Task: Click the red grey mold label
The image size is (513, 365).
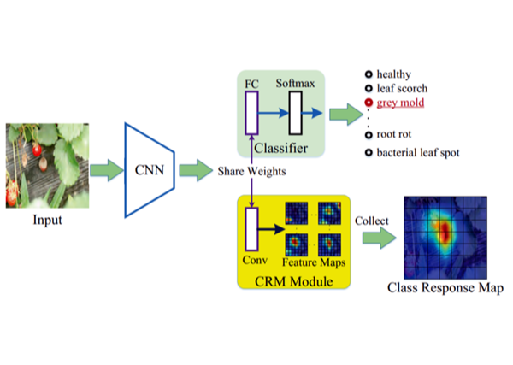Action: tap(400, 103)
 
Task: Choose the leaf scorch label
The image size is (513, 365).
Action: tap(402, 88)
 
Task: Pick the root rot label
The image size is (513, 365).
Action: tap(395, 134)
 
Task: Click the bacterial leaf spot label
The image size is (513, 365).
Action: tap(418, 153)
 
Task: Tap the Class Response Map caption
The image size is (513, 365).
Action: tap(444, 288)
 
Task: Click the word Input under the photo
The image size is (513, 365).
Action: tap(47, 220)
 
